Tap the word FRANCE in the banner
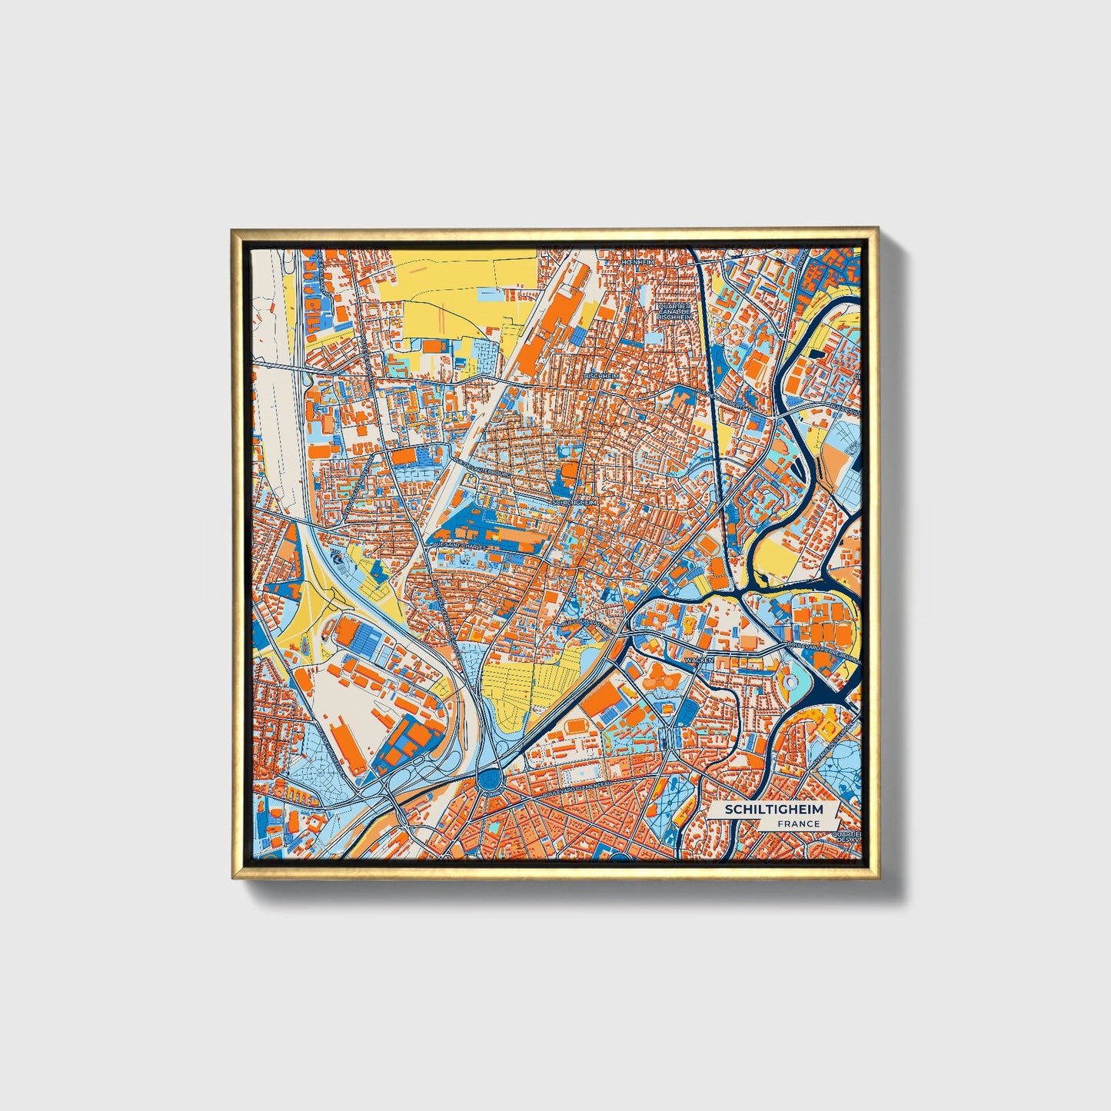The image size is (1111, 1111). (x=798, y=823)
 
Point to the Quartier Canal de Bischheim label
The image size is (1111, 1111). (x=674, y=311)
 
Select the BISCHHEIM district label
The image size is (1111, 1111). (x=601, y=375)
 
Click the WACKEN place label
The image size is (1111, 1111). (x=703, y=660)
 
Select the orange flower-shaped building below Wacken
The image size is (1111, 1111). (x=658, y=676)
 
